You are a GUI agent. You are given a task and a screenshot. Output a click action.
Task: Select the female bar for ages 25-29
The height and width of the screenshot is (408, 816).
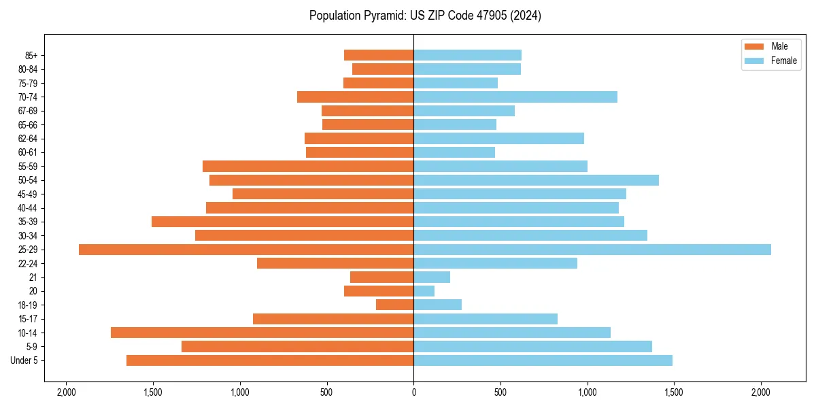(x=592, y=250)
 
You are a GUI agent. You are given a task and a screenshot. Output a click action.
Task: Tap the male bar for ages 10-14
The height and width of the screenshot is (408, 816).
(x=262, y=333)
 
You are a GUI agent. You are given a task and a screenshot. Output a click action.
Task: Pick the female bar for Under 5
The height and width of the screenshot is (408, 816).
(x=543, y=360)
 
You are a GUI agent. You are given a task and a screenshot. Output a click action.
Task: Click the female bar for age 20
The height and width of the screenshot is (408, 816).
(x=424, y=291)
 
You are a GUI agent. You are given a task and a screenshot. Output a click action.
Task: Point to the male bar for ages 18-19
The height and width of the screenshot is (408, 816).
(x=394, y=305)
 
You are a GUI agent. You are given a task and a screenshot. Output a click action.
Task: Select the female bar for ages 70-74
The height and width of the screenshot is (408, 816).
(x=515, y=97)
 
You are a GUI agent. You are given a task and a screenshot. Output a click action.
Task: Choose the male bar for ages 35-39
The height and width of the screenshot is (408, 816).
(x=282, y=222)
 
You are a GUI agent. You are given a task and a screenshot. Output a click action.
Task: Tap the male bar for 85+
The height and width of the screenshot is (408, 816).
(x=379, y=55)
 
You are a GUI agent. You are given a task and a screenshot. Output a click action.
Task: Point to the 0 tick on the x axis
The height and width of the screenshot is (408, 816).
(x=413, y=392)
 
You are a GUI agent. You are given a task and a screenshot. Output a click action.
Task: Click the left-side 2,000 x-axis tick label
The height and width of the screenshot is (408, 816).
(x=66, y=392)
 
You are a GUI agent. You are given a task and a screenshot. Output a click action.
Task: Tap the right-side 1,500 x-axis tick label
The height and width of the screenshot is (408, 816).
(x=674, y=392)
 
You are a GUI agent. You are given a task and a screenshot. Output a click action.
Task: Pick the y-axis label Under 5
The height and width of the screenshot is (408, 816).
(x=24, y=360)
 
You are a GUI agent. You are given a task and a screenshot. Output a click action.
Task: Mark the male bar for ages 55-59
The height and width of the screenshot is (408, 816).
(x=308, y=167)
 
